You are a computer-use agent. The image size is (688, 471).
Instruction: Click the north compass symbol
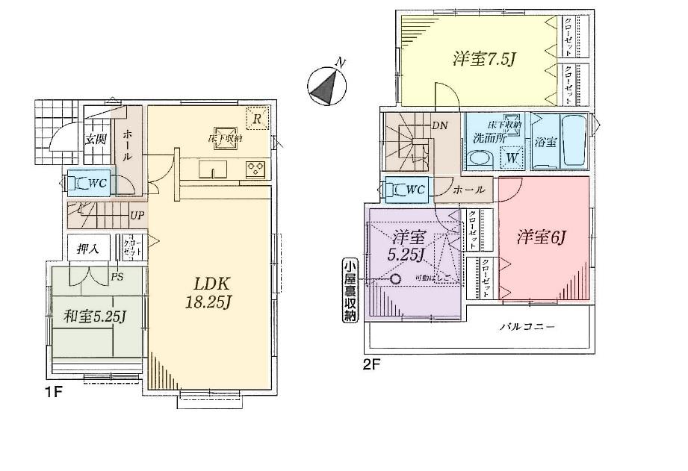tap(326, 85)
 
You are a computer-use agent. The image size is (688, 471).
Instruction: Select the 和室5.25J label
tap(94, 317)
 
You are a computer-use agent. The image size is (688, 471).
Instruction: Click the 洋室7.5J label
tap(484, 60)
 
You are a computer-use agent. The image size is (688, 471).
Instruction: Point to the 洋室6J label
tap(543, 238)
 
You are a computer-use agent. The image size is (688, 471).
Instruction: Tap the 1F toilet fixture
tap(79, 182)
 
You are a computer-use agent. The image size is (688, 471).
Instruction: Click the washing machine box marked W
tap(512, 157)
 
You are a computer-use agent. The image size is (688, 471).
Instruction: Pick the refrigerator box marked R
tap(256, 119)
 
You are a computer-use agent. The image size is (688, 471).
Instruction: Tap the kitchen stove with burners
tap(255, 168)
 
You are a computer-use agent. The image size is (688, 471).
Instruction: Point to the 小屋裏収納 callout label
tap(350, 290)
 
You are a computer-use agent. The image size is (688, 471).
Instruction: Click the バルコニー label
tap(531, 326)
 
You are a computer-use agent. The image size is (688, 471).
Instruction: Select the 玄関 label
tap(95, 139)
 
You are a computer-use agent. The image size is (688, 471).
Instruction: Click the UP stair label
tap(137, 215)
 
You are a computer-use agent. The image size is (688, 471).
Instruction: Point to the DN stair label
tap(440, 125)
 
